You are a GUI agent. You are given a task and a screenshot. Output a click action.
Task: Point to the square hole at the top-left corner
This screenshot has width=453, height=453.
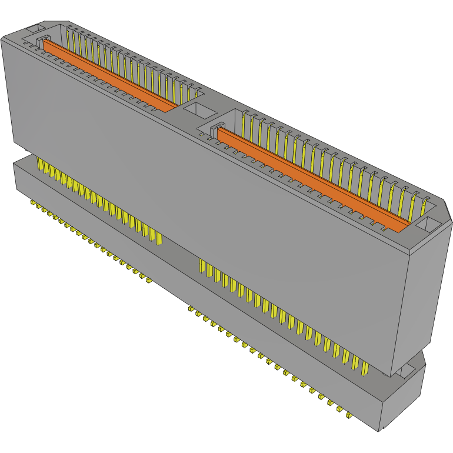pyautogui.click(x=35, y=28)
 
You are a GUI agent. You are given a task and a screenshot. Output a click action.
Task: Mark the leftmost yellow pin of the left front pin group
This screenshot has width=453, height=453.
pyautogui.click(x=39, y=164)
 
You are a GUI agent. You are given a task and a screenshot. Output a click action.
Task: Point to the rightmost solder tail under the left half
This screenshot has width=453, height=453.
pyautogui.click(x=149, y=280)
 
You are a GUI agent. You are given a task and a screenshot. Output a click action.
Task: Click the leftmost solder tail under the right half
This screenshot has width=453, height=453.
pyautogui.click(x=191, y=308)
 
